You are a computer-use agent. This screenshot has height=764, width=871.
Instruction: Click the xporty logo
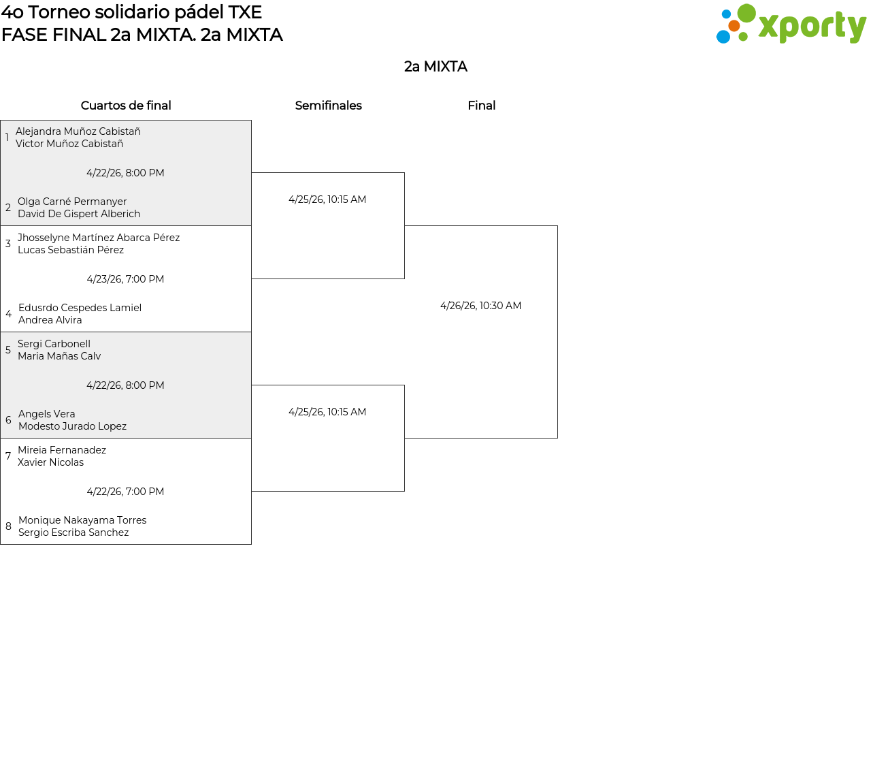(791, 25)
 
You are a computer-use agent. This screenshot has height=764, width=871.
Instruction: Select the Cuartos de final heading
(126, 106)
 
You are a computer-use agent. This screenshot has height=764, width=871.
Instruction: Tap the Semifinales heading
(328, 106)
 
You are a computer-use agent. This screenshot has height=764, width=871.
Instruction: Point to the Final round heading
(481, 106)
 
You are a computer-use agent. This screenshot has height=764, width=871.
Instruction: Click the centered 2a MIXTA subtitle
(435, 67)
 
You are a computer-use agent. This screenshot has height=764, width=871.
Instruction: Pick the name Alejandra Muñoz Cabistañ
(78, 131)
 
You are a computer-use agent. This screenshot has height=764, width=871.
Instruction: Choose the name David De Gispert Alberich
(79, 214)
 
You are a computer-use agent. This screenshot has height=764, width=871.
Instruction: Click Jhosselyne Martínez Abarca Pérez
(99, 238)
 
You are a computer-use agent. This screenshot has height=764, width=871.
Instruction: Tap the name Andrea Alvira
(50, 320)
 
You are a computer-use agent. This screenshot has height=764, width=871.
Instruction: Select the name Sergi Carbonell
(54, 344)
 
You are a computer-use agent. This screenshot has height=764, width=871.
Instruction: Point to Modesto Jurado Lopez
(72, 426)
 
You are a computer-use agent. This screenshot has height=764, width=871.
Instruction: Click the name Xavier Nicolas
(50, 462)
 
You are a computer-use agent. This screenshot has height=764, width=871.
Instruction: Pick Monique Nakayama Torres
(82, 520)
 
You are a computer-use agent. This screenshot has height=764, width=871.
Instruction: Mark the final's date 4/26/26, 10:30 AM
(480, 306)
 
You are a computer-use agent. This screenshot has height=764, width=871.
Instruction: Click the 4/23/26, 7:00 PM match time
(125, 279)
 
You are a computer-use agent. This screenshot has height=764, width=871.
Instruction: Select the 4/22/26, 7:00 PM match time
(125, 492)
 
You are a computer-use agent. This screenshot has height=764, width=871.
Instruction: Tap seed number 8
(8, 526)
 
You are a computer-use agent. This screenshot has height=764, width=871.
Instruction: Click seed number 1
(7, 138)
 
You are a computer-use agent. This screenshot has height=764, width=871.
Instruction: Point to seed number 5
(8, 350)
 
